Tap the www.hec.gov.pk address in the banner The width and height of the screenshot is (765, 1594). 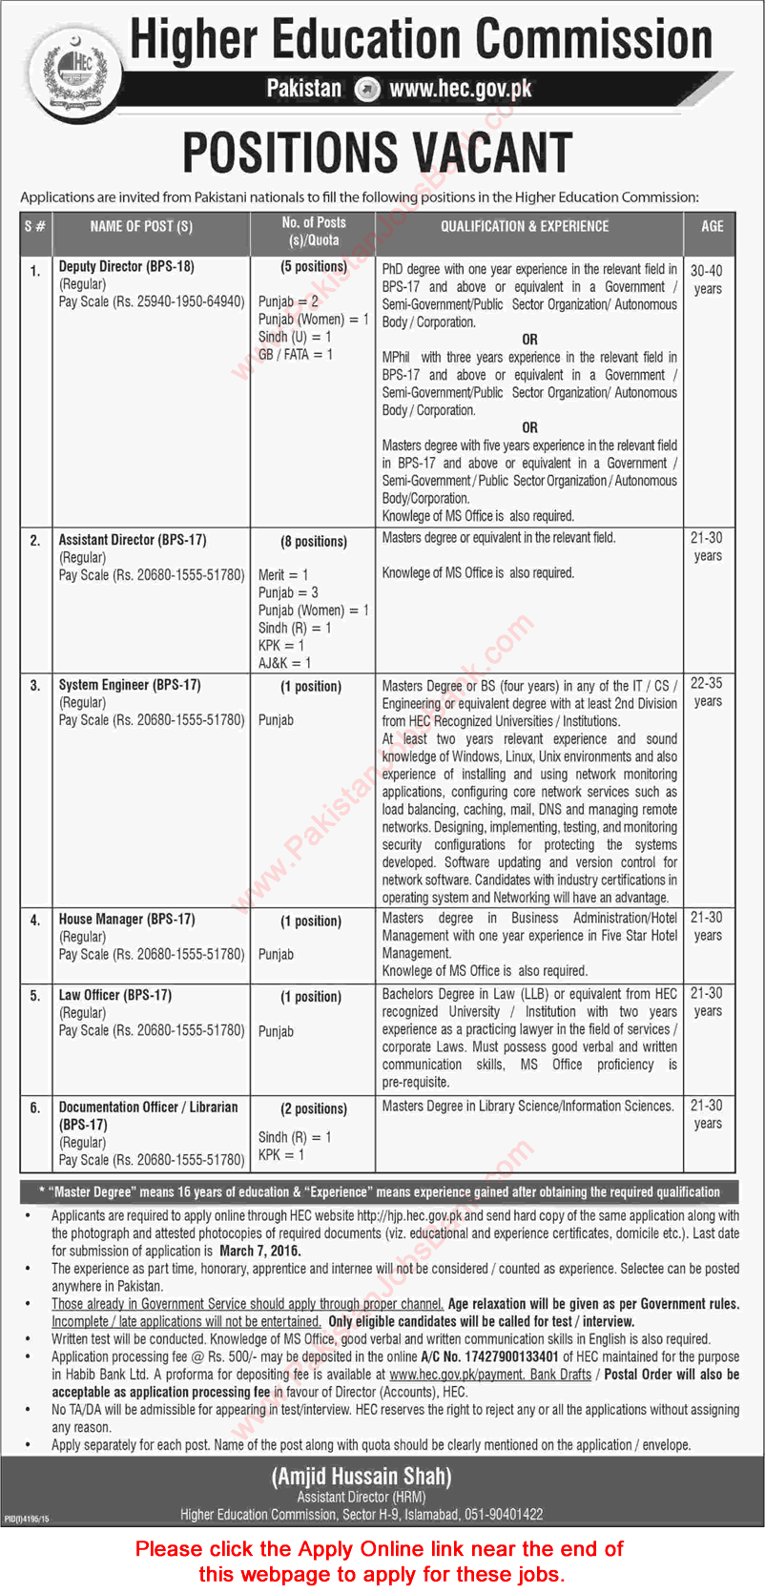point(461,90)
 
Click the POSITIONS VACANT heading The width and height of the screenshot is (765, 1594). point(378,153)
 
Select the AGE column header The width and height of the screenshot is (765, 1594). point(712,226)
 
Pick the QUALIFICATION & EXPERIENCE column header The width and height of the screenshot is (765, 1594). point(524,226)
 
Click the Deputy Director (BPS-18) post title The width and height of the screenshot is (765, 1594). point(126,267)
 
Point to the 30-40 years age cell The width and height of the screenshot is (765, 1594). point(707,279)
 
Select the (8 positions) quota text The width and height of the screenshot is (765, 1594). point(313,541)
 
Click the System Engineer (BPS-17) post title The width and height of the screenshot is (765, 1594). point(130,685)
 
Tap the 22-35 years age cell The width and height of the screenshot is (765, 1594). point(707,692)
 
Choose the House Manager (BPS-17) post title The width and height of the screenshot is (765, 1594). point(127,920)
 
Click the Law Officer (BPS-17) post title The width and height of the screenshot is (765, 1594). point(115,995)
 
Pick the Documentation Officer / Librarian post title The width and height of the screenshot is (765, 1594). point(148,1108)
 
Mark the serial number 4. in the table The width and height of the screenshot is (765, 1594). point(35,921)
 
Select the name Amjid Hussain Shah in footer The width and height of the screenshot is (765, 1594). point(362,1477)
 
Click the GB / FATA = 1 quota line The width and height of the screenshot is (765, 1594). point(296,354)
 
